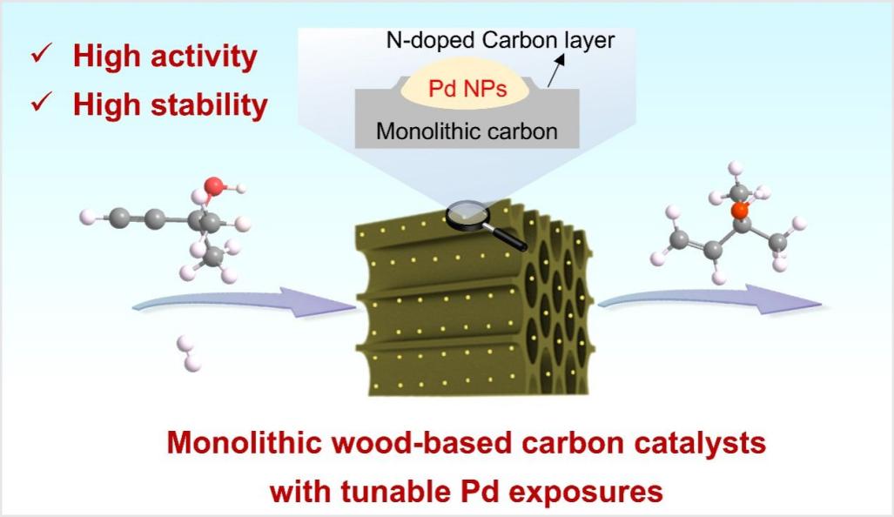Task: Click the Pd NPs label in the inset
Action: (468, 89)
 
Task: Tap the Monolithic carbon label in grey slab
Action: (466, 132)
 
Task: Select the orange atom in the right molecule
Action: (739, 209)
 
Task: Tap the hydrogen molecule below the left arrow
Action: (185, 352)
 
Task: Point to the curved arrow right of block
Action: (709, 299)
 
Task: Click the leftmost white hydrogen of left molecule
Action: (86, 215)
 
